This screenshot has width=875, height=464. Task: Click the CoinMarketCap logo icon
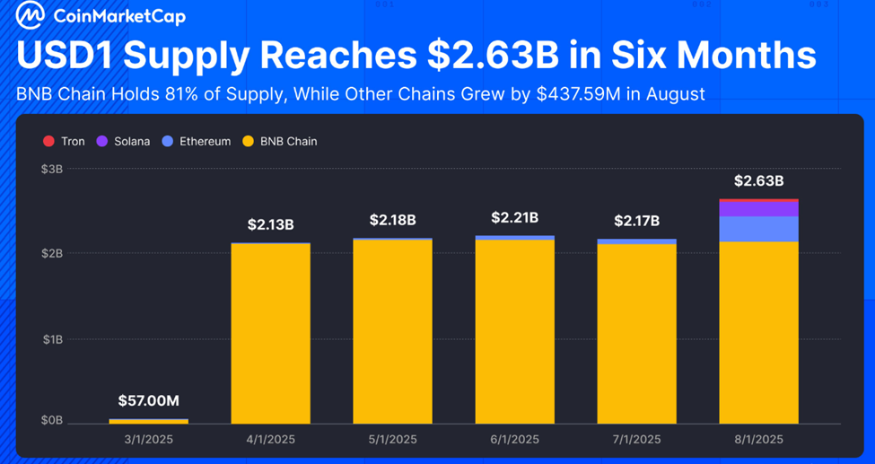(x=31, y=15)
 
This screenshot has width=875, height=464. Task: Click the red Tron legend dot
(x=48, y=141)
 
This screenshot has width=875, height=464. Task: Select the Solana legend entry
(x=124, y=141)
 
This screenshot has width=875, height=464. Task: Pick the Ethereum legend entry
(x=197, y=141)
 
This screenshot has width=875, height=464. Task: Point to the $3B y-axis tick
(x=52, y=169)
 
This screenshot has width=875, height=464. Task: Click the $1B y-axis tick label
(x=52, y=339)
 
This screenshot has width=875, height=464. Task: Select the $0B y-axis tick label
(x=52, y=420)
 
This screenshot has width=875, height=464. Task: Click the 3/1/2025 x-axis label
(x=149, y=439)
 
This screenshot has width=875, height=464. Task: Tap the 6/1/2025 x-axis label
(x=514, y=439)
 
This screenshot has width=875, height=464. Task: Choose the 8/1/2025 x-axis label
(x=758, y=439)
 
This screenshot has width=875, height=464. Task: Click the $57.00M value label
(x=149, y=400)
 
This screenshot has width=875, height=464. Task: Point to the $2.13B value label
(x=270, y=224)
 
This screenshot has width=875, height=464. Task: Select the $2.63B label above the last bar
(x=758, y=180)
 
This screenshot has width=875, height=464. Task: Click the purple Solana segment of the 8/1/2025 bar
(x=758, y=209)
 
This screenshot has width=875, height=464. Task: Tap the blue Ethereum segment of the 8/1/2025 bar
(x=758, y=229)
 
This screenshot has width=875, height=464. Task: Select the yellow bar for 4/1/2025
(x=270, y=332)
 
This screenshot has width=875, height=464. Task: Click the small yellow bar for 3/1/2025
(x=149, y=421)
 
